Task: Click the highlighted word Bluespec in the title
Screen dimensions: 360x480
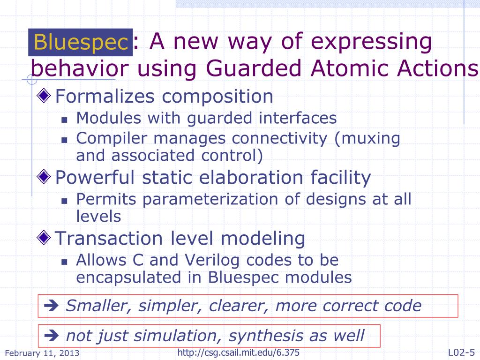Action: (x=81, y=43)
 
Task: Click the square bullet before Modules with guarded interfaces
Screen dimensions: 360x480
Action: (x=65, y=120)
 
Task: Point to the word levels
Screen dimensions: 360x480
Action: (x=98, y=216)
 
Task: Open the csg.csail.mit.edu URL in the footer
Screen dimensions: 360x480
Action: (x=239, y=352)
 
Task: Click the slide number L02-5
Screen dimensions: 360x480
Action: (x=461, y=352)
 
